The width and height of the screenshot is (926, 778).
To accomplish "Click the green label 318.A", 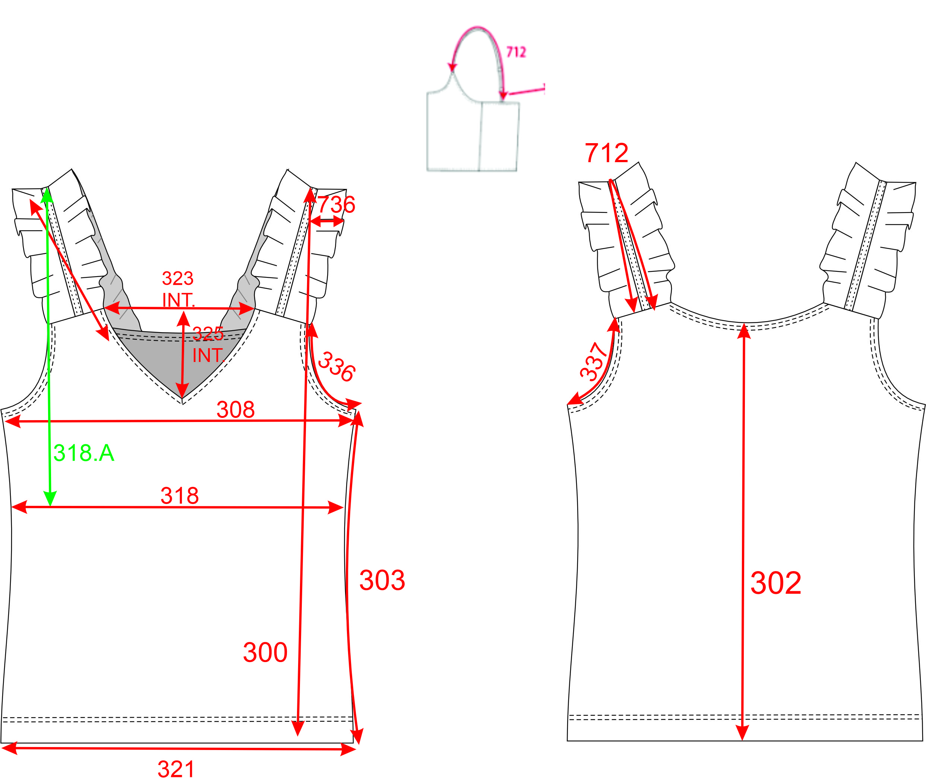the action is pos(84,453).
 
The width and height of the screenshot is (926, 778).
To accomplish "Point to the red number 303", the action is pos(382,580).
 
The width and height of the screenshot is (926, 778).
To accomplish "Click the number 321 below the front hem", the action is pos(176,769).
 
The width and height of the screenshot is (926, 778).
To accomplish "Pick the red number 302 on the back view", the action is pos(775,583).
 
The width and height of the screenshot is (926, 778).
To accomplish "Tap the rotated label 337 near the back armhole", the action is pos(594,362).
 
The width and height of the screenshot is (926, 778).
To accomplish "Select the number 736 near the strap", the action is pos(336,204).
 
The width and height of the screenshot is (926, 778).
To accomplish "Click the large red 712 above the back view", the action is pos(606,153).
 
